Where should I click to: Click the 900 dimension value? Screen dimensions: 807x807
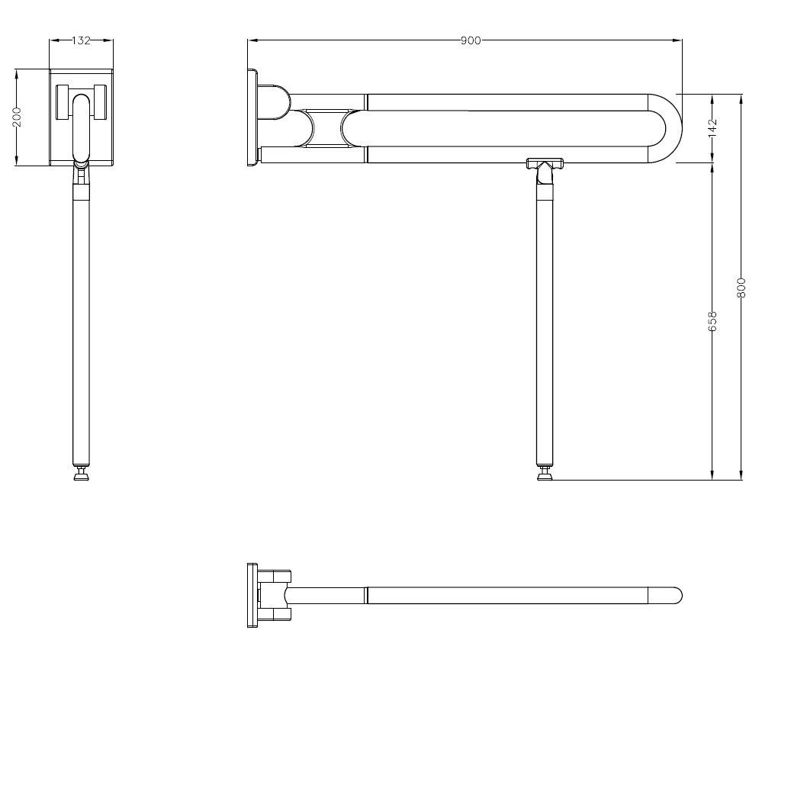pyautogui.click(x=471, y=40)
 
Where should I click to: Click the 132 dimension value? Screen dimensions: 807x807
pyautogui.click(x=82, y=40)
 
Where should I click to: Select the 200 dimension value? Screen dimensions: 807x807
pyautogui.click(x=17, y=117)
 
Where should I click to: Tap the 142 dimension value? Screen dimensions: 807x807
pyautogui.click(x=713, y=127)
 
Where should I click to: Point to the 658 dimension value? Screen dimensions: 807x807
pyautogui.click(x=713, y=321)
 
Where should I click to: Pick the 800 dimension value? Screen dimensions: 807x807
pyautogui.click(x=741, y=288)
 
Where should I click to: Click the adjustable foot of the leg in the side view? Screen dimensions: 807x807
pyautogui.click(x=545, y=473)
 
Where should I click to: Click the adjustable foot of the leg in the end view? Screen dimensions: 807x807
pyautogui.click(x=82, y=473)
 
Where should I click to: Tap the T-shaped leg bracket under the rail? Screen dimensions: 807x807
pyautogui.click(x=545, y=165)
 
